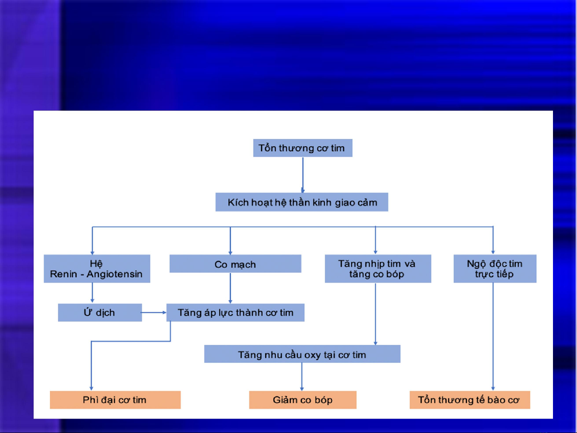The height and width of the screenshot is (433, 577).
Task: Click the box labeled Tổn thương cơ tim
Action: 303,148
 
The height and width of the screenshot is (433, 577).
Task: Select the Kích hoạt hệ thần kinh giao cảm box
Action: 302,202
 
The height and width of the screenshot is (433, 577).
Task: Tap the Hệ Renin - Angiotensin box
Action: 97,269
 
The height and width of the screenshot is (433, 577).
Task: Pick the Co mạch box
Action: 235,264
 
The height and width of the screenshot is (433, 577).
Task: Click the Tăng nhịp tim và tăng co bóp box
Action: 378,269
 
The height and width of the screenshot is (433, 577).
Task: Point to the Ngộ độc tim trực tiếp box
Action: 495,269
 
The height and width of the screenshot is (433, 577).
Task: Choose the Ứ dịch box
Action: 100,313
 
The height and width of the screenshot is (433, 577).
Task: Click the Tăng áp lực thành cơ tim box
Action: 235,313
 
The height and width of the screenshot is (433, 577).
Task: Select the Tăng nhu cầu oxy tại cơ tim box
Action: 302,354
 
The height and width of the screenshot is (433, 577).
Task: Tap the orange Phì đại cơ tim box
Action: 115,400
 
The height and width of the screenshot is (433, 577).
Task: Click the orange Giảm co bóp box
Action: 303,400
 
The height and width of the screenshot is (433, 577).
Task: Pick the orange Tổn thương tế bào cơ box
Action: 470,400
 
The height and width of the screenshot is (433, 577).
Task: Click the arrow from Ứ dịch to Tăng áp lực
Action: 154,313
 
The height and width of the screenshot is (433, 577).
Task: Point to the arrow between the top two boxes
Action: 303,175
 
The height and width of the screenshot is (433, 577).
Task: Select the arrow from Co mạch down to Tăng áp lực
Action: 231,288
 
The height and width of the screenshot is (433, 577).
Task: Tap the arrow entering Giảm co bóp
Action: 302,377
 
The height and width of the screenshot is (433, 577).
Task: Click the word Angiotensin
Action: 115,274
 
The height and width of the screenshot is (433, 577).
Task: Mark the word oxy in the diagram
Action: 313,355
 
